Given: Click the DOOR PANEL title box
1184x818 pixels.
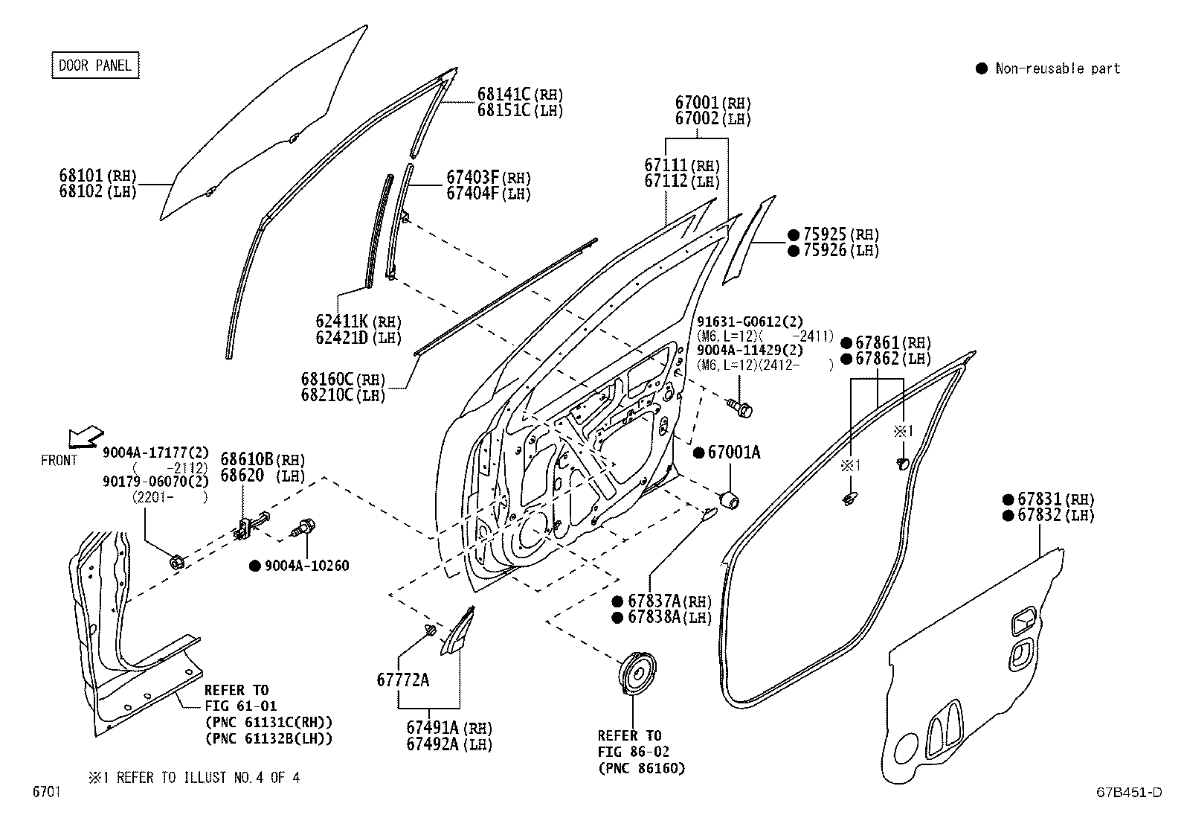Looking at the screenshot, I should click(94, 65).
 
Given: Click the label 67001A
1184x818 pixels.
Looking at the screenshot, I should click(733, 452).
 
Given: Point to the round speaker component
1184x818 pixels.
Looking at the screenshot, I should click(639, 674).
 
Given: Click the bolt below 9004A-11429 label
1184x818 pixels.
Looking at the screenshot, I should click(739, 406).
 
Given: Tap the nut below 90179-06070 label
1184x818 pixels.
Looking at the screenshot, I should click(177, 562).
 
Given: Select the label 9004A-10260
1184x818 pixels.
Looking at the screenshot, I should click(306, 566).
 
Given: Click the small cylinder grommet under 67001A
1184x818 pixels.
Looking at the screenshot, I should click(730, 499).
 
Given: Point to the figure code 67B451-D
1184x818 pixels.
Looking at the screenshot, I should click(1127, 793).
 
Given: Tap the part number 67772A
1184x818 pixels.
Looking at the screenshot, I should click(402, 680).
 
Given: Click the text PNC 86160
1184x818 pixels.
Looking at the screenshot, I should click(641, 767).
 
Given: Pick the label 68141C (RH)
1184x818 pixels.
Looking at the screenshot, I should click(520, 95).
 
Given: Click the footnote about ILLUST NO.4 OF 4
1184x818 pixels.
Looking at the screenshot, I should click(194, 778).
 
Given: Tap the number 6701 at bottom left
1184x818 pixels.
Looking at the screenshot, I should click(46, 793).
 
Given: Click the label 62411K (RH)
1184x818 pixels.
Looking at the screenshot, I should click(358, 322).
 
